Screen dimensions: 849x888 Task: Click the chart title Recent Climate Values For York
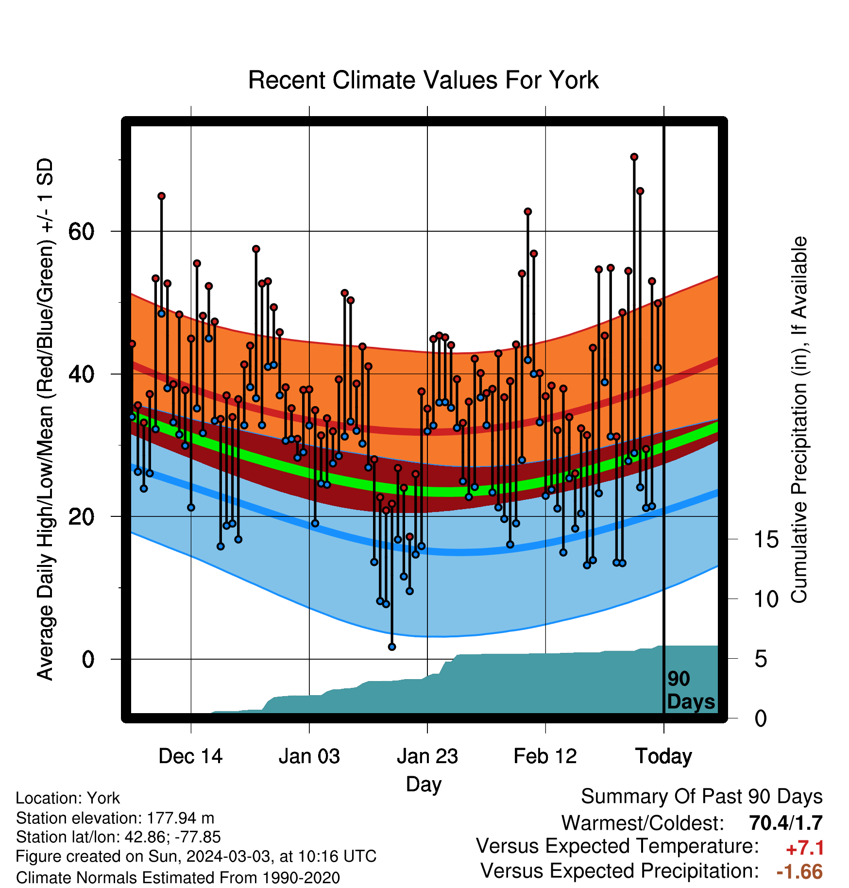(x=423, y=80)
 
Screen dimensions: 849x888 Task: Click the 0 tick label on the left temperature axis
(x=88, y=660)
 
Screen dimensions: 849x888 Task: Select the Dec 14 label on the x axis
(x=190, y=756)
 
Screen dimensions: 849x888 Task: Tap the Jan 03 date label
(x=309, y=756)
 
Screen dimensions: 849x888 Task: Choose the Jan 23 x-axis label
(x=427, y=756)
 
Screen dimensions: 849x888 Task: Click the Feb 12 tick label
(x=545, y=756)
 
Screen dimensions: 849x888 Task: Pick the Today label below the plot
(x=663, y=757)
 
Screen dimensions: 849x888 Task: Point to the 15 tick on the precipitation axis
(x=766, y=540)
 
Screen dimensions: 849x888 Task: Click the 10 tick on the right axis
(x=766, y=599)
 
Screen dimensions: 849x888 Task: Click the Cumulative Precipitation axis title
(x=799, y=420)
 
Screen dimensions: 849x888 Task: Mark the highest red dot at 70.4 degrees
(x=634, y=157)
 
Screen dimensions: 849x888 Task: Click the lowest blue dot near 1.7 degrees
(x=392, y=647)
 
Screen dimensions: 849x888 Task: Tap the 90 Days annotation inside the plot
(x=690, y=690)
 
